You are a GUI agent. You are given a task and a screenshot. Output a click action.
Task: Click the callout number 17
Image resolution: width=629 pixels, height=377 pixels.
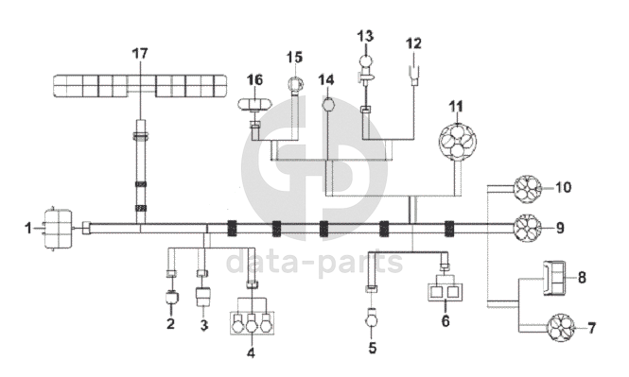point(140,53)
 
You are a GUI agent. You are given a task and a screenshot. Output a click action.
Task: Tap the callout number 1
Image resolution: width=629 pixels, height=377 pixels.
point(28,229)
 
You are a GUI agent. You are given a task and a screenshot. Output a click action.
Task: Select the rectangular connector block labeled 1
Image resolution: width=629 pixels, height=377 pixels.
point(59,229)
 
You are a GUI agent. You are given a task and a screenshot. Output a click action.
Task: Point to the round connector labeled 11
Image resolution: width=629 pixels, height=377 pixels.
point(457,142)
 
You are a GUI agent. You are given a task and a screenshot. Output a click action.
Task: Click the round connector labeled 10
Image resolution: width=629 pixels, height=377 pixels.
point(528,189)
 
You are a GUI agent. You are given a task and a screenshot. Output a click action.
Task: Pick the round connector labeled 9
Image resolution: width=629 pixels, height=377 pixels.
point(528,229)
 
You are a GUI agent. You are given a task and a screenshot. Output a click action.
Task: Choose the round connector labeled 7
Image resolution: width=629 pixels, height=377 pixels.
point(561,328)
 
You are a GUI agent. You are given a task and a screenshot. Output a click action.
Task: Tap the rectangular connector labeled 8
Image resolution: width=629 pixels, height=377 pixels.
point(554,278)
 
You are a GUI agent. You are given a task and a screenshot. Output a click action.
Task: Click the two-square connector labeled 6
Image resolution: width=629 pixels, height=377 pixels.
point(446,292)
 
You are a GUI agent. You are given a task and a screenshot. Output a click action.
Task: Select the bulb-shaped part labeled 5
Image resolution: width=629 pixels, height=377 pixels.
point(372,319)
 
